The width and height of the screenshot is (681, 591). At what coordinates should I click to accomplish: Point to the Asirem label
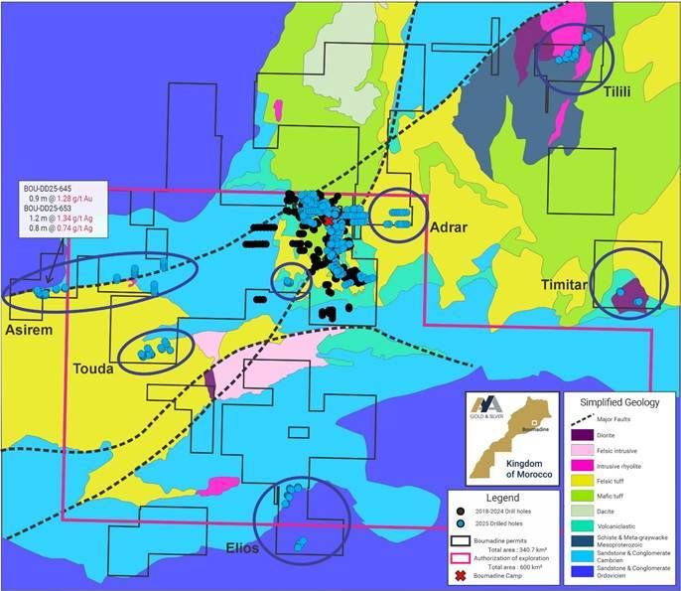(x=30, y=328)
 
